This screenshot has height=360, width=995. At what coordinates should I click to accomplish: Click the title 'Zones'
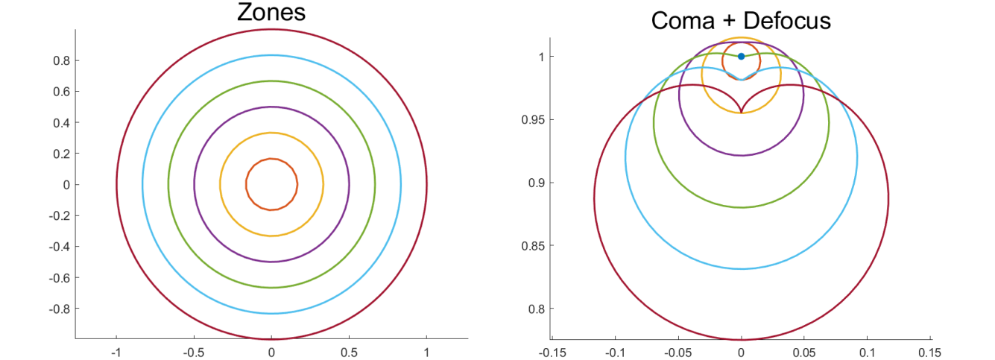[x=271, y=13]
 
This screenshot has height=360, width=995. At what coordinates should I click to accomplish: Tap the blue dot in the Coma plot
[x=741, y=57]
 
